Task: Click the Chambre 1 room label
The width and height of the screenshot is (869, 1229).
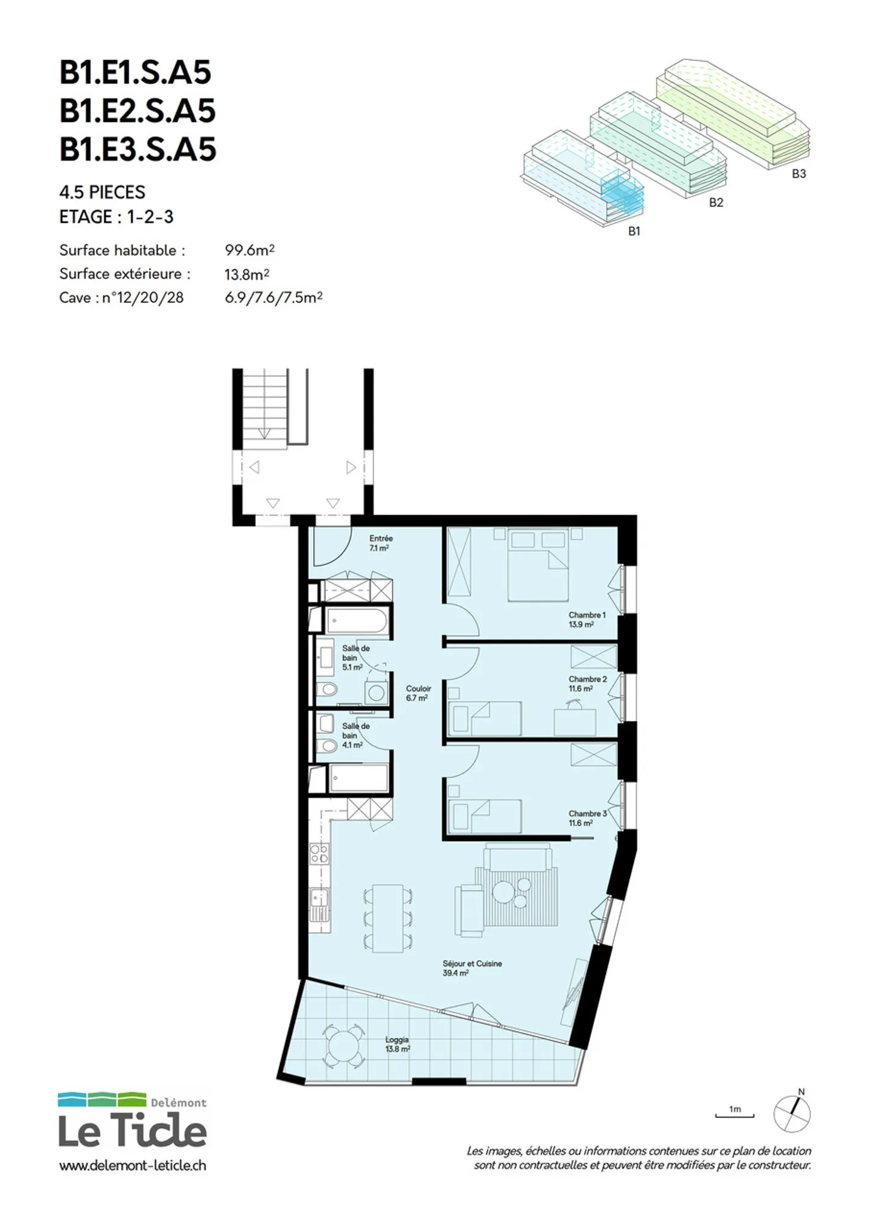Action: [587, 620]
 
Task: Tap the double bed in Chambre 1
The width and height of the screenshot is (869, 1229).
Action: [538, 565]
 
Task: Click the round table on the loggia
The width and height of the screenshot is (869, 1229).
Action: [343, 1044]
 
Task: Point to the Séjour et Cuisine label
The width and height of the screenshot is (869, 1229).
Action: [472, 968]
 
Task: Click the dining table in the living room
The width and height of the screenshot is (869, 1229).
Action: [387, 918]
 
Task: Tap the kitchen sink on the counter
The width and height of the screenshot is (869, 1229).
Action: [319, 904]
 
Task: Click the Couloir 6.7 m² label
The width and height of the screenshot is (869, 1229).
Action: [418, 693]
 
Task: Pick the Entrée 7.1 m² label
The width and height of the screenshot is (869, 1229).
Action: [380, 543]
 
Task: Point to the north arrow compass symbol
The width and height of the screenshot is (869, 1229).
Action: [792, 1112]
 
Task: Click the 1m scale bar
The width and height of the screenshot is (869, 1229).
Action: [734, 1116]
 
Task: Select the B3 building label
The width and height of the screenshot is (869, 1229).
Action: [798, 174]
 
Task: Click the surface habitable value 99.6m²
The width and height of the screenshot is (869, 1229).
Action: [250, 250]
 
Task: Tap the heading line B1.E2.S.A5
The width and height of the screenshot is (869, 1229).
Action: [138, 111]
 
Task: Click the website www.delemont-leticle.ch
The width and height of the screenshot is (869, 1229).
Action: [133, 1166]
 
